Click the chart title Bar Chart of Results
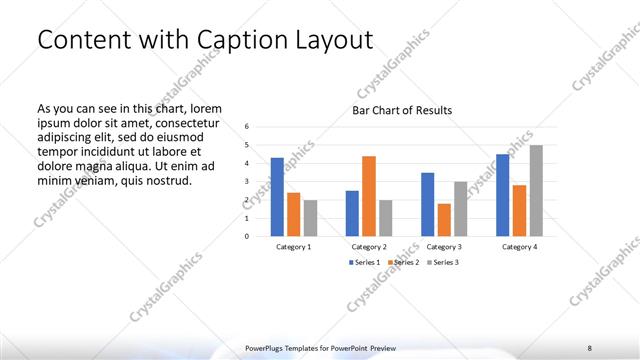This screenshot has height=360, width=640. point(401,110)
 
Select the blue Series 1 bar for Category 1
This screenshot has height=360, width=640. point(277,197)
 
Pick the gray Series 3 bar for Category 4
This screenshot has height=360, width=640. point(536,191)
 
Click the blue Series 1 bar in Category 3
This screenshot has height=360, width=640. point(428,204)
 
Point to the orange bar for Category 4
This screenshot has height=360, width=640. point(520,210)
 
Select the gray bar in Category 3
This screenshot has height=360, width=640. point(460,209)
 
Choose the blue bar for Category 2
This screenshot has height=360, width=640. point(352,213)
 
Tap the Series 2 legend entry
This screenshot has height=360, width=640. point(403,262)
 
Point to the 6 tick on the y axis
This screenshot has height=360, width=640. point(248,127)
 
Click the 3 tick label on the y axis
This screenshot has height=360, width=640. point(248,182)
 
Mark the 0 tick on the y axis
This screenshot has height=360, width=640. point(248,237)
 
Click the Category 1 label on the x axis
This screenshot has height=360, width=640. point(293,246)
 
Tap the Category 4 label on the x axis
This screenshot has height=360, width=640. point(520,246)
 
